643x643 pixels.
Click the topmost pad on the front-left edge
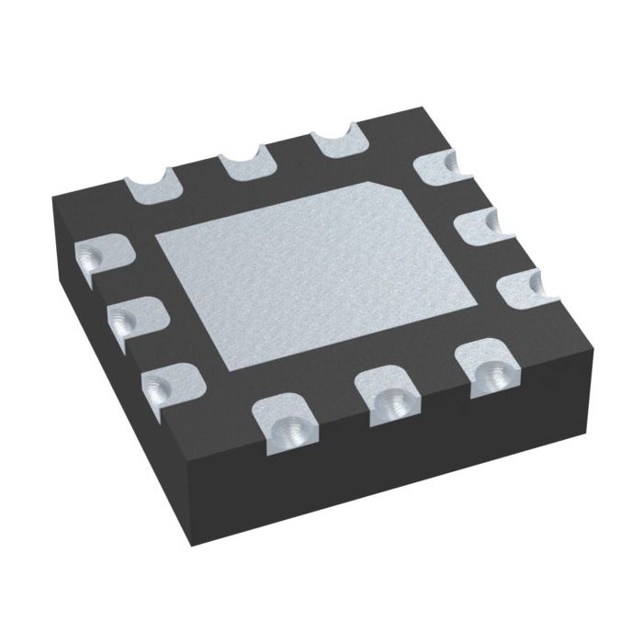100,258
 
